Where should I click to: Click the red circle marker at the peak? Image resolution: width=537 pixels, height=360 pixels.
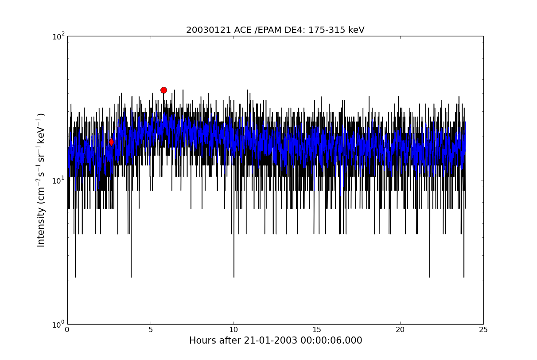click(163, 90)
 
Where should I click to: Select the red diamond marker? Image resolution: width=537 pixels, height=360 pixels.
click(111, 142)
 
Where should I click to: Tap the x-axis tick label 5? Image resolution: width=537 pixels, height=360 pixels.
click(151, 330)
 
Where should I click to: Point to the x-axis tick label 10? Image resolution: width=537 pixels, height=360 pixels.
click(233, 330)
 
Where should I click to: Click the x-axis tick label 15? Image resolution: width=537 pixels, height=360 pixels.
click(317, 330)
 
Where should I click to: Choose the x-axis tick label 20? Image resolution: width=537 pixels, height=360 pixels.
click(400, 330)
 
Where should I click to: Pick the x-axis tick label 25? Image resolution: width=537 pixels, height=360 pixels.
click(483, 330)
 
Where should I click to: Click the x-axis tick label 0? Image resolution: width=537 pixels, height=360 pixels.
click(67, 330)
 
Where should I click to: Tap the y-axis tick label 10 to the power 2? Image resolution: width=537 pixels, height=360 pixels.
click(58, 36)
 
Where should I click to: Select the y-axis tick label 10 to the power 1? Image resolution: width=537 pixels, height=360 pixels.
click(58, 180)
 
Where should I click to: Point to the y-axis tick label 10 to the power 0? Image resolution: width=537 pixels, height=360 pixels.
click(58, 325)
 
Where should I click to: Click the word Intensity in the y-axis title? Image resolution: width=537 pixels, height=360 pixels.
click(41, 227)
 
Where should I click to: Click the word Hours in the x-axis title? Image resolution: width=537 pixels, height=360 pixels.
click(203, 340)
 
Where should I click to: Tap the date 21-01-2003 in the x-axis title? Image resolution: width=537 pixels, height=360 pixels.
click(270, 340)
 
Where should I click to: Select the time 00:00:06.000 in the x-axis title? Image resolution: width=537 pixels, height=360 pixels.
click(331, 340)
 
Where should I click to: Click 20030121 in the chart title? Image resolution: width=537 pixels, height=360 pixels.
click(209, 30)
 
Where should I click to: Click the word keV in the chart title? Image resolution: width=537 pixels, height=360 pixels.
click(356, 30)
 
